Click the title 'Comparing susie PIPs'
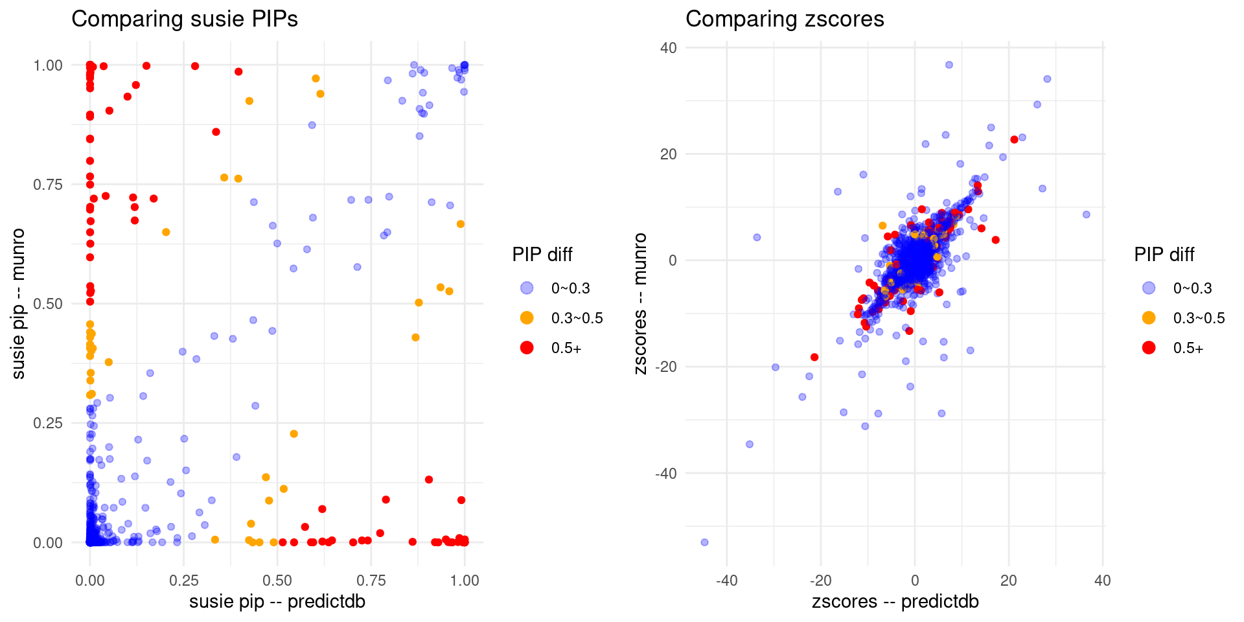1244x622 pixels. [185, 19]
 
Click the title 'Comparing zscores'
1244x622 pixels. [785, 19]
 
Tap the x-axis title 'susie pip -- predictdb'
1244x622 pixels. [277, 602]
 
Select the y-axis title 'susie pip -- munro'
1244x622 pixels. [18, 303]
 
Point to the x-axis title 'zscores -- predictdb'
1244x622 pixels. [895, 602]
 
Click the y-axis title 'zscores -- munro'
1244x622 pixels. [640, 303]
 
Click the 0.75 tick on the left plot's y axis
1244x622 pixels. [48, 185]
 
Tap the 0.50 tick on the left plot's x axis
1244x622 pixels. [277, 581]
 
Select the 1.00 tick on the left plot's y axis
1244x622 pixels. [48, 65]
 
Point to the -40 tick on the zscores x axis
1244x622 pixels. [726, 581]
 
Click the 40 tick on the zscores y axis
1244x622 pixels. [669, 48]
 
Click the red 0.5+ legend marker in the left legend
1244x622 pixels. [527, 348]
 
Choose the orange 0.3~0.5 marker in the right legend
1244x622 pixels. [1149, 318]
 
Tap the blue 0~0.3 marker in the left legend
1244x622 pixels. [527, 288]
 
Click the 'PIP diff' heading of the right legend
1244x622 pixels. [1164, 255]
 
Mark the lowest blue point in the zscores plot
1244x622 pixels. [704, 542]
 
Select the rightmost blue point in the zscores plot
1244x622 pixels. [1087, 214]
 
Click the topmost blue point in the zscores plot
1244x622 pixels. [949, 65]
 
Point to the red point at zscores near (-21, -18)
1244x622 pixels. [814, 357]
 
